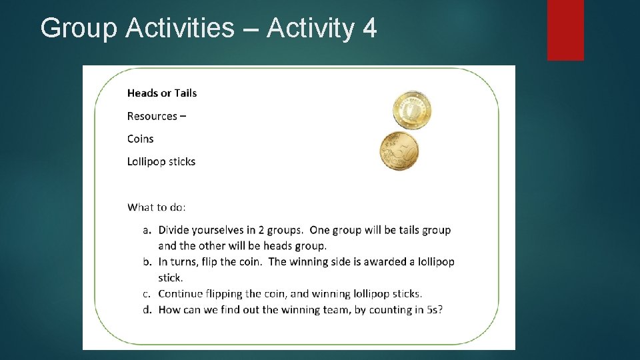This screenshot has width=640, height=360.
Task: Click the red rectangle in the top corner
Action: [x=565, y=29]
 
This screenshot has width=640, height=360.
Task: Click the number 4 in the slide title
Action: [x=370, y=29]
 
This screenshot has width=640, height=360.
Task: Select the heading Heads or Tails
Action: [x=162, y=93]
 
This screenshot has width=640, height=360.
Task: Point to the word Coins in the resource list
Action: [x=140, y=139]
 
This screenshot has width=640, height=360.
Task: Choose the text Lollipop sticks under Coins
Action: [x=161, y=161]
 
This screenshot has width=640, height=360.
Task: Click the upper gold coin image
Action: [x=412, y=111]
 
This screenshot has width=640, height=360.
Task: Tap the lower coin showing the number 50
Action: [x=399, y=151]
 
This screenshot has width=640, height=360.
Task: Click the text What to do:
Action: [x=157, y=207]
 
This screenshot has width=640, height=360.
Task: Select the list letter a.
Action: [x=146, y=230]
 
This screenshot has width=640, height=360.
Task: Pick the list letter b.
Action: [x=146, y=261]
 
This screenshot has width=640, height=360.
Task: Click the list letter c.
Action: [x=146, y=293]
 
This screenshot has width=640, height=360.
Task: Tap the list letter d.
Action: [x=146, y=309]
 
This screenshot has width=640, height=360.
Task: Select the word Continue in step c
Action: [x=180, y=293]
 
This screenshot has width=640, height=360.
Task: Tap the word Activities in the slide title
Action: [x=180, y=29]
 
